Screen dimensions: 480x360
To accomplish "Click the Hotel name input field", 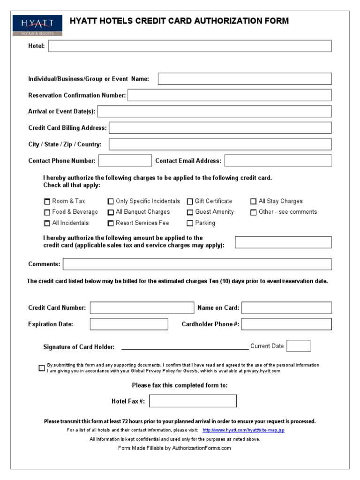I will tap(190, 46).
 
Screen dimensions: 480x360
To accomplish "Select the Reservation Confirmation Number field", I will tap(229, 95).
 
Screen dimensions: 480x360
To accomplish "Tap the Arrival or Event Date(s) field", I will tap(214, 112).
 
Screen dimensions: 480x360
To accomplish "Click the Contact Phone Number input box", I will tap(125, 161).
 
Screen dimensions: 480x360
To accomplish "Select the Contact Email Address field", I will tap(277, 161).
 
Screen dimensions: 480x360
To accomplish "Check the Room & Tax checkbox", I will tap(47, 202).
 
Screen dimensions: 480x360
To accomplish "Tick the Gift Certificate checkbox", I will tap(190, 202).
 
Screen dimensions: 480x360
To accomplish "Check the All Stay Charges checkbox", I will tap(254, 202).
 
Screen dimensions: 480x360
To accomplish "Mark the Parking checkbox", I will tap(190, 224).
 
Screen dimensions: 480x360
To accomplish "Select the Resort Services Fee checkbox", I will tap(111, 224).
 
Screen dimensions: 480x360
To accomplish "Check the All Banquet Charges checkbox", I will tap(111, 212).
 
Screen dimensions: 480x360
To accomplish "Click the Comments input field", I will tap(197, 264).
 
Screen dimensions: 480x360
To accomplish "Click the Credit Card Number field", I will tap(142, 307).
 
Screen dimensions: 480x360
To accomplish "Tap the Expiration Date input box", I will tap(129, 324).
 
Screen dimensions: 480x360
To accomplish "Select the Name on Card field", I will tap(286, 307).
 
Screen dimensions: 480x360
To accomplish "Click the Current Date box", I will tap(298, 346).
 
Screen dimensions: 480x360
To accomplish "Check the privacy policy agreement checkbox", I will tap(42, 368).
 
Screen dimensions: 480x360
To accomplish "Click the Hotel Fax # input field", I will tap(193, 401).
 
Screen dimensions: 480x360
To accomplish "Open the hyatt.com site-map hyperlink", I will tap(243, 430).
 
